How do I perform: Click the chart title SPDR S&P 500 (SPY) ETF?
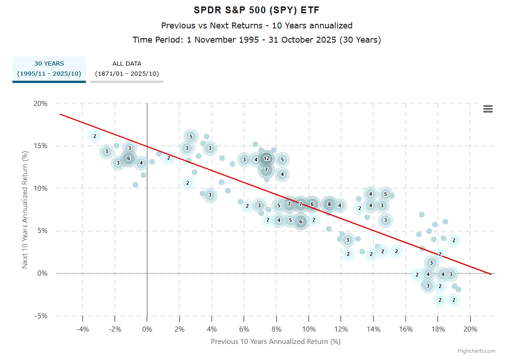pyautogui.click(x=257, y=10)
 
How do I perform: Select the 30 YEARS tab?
pyautogui.click(x=49, y=68)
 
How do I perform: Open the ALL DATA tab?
pyautogui.click(x=127, y=68)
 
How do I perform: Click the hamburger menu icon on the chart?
pyautogui.click(x=488, y=109)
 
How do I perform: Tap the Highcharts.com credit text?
pyautogui.click(x=476, y=351)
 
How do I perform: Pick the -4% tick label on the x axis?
pyautogui.click(x=82, y=329)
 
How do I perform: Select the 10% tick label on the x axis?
pyautogui.click(x=309, y=329)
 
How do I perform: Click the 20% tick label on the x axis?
pyautogui.click(x=470, y=329)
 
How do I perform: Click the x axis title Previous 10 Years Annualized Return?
pyautogui.click(x=275, y=342)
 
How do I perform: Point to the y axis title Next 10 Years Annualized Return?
pyautogui.click(x=26, y=210)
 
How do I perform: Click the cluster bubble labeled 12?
pyautogui.click(x=266, y=158)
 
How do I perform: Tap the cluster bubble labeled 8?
pyautogui.click(x=329, y=205)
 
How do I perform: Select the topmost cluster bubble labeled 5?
pyautogui.click(x=191, y=136)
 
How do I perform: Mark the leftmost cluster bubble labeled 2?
pyautogui.click(x=95, y=136)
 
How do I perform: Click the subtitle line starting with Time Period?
pyautogui.click(x=257, y=40)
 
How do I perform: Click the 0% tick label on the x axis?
pyautogui.click(x=147, y=329)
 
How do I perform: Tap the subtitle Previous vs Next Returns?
pyautogui.click(x=257, y=25)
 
